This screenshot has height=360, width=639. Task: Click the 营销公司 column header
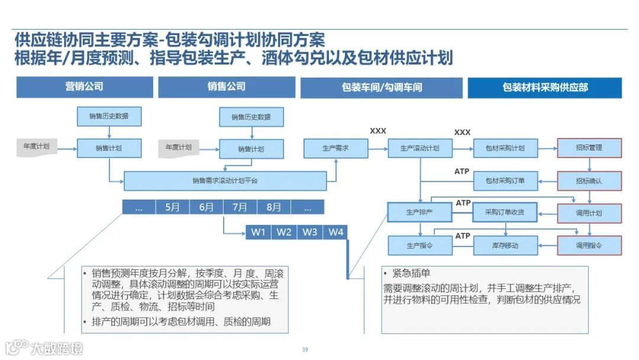[84, 87]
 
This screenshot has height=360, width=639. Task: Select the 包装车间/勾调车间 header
[382, 88]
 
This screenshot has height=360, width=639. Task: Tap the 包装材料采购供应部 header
[545, 88]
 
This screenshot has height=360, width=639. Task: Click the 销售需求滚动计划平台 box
[225, 181]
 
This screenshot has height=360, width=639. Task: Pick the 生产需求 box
[335, 148]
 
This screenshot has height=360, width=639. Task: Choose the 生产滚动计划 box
[420, 148]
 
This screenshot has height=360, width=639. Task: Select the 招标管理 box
[589, 148]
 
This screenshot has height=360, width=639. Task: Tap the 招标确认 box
[589, 181]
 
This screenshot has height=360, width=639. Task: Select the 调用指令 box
[589, 245]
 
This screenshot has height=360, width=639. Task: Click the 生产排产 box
[419, 212]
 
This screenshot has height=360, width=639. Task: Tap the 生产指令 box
[419, 245]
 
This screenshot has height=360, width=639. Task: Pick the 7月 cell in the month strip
[240, 207]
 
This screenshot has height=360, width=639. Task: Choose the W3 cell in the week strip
[310, 232]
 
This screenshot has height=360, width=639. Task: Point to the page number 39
[305, 349]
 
